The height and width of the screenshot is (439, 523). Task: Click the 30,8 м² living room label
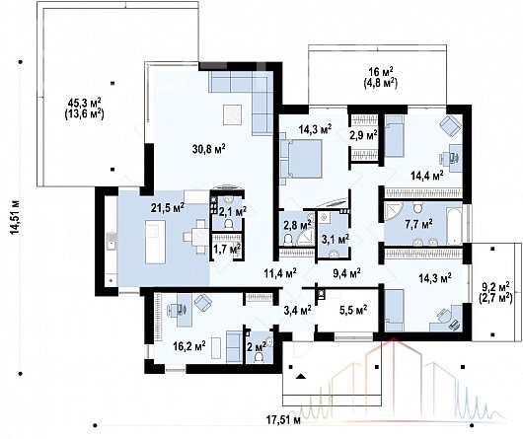click(209, 148)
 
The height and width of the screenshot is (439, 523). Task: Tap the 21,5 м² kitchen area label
click(168, 208)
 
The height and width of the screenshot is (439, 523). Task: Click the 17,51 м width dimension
click(283, 419)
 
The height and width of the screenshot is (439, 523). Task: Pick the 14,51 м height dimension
click(16, 217)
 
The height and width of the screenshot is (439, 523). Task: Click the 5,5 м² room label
click(353, 310)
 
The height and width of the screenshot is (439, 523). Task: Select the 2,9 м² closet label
click(363, 135)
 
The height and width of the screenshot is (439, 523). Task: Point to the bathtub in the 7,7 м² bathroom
click(454, 226)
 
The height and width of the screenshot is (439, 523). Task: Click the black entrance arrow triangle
click(301, 377)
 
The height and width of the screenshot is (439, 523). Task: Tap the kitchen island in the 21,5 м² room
click(156, 242)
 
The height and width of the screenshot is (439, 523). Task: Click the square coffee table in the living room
click(232, 114)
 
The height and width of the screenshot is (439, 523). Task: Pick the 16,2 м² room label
click(189, 345)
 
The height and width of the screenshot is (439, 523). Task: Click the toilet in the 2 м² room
click(259, 358)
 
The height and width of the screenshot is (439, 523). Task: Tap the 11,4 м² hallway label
click(281, 273)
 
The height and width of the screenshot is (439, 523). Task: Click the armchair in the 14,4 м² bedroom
click(450, 126)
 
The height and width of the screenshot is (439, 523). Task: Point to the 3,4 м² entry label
click(298, 311)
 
